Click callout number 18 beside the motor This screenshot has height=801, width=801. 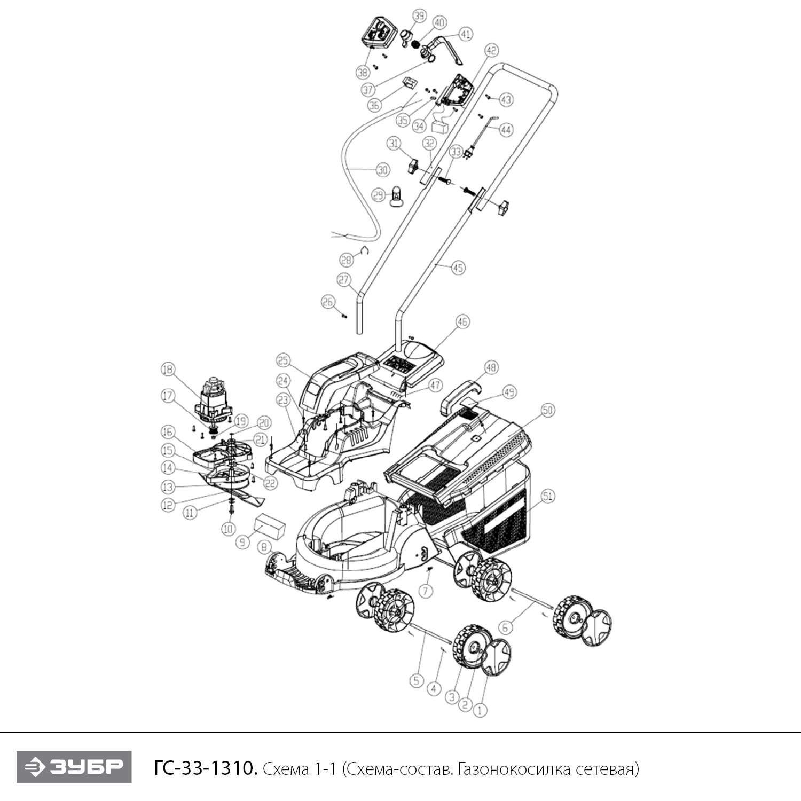coord(168,369)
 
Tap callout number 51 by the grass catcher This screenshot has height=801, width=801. coord(548,496)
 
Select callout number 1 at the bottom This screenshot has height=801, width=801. coord(481,710)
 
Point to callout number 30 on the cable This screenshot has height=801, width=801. coord(383,170)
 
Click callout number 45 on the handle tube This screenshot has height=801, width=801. coord(458,268)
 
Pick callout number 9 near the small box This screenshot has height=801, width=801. coord(243,542)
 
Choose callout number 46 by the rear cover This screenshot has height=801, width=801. coord(462,322)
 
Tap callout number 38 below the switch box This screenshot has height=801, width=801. coord(363,72)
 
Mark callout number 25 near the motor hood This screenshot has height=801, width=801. coord(283,360)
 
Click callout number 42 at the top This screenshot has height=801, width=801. coord(491,51)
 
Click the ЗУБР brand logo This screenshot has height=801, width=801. coord(74,767)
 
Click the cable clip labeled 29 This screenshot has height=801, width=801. coord(397,195)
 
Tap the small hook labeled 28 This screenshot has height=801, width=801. coord(365,250)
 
